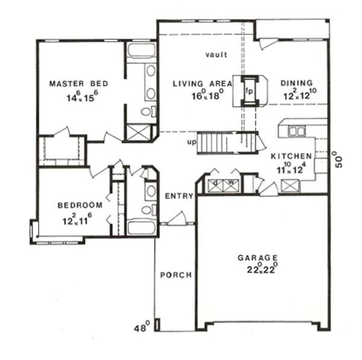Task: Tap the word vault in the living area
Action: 215,55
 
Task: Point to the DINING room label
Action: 297,83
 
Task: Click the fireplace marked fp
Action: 249,92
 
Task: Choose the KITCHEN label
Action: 291,156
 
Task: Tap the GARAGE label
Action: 261,256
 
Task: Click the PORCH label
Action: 176,275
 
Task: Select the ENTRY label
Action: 179,196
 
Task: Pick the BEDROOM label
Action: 80,205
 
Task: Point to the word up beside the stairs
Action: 192,142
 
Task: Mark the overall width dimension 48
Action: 142,329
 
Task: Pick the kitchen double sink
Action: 296,131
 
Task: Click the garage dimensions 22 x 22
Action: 261,269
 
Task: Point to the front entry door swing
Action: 176,218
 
